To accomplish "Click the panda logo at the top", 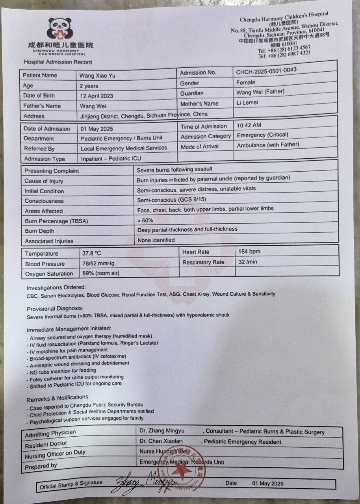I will pyautogui.click(x=60, y=30).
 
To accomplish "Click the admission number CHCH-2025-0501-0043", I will pyautogui.click(x=266, y=71).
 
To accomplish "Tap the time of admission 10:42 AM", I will pyautogui.click(x=249, y=125).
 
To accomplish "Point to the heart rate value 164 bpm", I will pyautogui.click(x=249, y=251).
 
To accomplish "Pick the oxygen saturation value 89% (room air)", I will pyautogui.click(x=101, y=273).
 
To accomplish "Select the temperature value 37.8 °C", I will pyautogui.click(x=92, y=253).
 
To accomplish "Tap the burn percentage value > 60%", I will pyautogui.click(x=145, y=220).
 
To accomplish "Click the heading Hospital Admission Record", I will pyautogui.click(x=58, y=62).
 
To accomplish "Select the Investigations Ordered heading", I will pyautogui.click(x=56, y=287).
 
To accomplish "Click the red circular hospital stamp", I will pyautogui.click(x=181, y=467).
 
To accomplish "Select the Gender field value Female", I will pyautogui.click(x=246, y=82).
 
